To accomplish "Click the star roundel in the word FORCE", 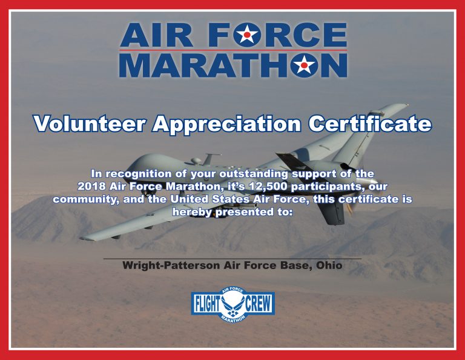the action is point(247,35).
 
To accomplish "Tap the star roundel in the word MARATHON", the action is point(304,65).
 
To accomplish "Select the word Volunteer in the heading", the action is point(89,124).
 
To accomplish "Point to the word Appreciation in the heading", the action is point(226,124).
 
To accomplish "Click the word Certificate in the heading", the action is point(370,124).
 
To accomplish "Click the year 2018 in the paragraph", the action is point(91,187).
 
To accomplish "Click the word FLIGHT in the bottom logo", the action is point(208,304).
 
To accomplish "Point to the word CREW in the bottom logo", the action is point(259,304).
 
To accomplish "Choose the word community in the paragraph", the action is point(86,199).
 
